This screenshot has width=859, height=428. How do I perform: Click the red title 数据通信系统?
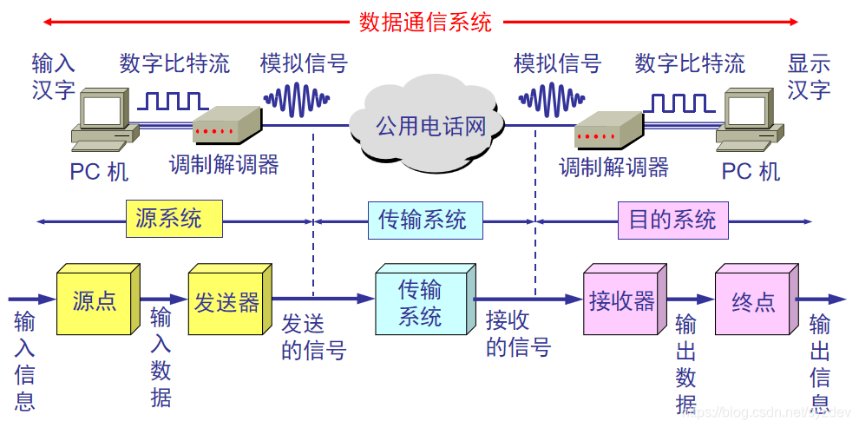coord(425,22)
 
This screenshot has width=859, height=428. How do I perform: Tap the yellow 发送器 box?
coord(226,302)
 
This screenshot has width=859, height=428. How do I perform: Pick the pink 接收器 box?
coord(621,302)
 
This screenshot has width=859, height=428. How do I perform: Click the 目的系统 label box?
coord(672,220)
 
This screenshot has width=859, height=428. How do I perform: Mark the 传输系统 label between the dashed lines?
coord(423,220)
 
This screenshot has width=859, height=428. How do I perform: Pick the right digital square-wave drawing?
coord(677,102)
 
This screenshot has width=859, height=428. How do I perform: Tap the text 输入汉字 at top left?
coord(54,76)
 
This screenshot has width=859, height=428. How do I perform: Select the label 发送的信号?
coord(313,337)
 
